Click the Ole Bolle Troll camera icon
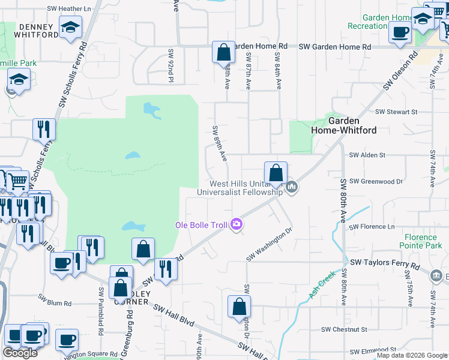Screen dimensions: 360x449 [237, 224]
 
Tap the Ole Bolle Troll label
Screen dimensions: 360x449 [201, 225]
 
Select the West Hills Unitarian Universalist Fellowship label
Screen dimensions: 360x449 [246, 188]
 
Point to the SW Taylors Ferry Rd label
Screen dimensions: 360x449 [384, 263]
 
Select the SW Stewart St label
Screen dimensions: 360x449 [396, 112]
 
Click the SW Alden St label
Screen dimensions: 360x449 [367, 155]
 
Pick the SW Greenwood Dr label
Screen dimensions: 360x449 [376, 181]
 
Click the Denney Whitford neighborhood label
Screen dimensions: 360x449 [38, 31]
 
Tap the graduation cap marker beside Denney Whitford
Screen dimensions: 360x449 [70, 28]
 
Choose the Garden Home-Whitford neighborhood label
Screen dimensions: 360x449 [343, 125]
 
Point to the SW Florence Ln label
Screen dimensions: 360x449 [372, 227]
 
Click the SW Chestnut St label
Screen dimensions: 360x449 [343, 329]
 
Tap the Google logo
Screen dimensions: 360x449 [20, 353]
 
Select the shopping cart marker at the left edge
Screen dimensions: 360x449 [17, 179]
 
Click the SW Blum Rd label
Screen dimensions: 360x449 [55, 297]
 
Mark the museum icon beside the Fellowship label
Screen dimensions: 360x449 [292, 188]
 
